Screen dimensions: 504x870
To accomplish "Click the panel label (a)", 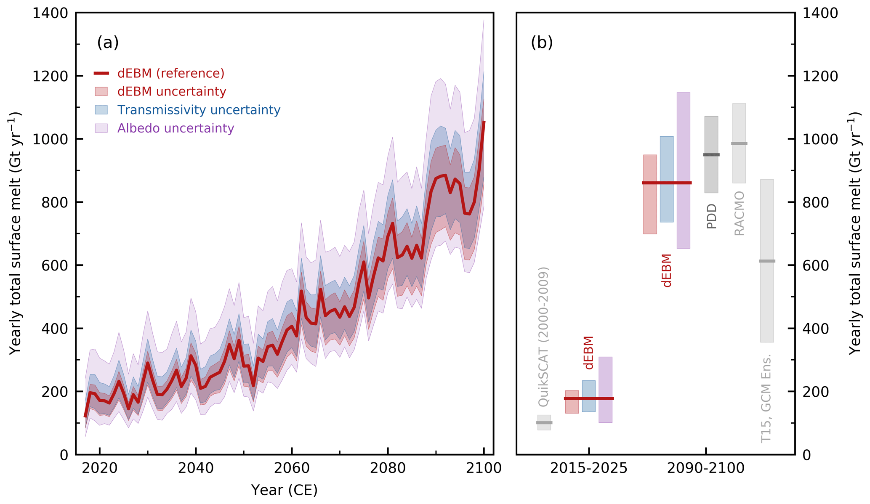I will tap(108, 42).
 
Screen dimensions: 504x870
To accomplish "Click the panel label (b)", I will tap(542, 42).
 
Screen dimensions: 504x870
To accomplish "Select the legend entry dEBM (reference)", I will tap(170, 74).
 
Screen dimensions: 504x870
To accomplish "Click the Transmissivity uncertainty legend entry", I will tap(199, 110).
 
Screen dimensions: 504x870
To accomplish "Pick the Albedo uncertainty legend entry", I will tap(176, 128).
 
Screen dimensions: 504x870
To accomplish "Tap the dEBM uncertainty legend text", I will tap(172, 92).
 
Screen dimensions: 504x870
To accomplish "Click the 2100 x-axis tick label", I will tap(484, 468).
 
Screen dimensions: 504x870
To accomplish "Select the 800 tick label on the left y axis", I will tap(54, 202).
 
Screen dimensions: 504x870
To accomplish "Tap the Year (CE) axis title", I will tap(284, 490).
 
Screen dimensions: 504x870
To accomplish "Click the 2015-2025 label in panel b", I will tap(588, 468).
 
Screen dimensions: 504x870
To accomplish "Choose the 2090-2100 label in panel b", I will tap(706, 468).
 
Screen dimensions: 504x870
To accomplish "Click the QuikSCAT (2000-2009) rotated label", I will tap(544, 337).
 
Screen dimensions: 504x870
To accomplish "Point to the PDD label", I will tap(711, 216).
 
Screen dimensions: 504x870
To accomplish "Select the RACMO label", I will tap(739, 213).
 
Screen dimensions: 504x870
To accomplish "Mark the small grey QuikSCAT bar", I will tap(544, 422).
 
